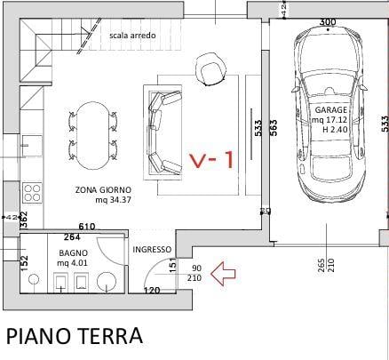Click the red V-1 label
click(x=211, y=160)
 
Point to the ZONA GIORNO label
click(x=103, y=189)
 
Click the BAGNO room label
click(x=70, y=252)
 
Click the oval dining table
click(x=92, y=136)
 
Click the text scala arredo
click(x=132, y=36)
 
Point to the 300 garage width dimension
click(x=327, y=21)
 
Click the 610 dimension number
click(x=86, y=228)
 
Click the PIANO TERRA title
click(x=75, y=336)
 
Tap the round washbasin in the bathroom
click(x=105, y=283)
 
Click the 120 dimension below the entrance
click(x=151, y=291)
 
